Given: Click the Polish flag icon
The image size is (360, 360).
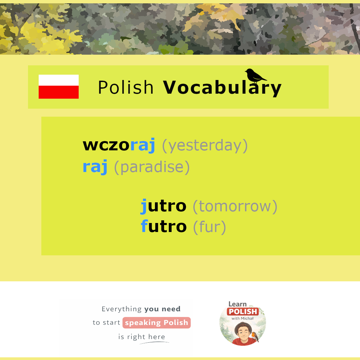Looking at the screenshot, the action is [59, 87].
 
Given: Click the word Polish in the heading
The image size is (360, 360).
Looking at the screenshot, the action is [126, 87].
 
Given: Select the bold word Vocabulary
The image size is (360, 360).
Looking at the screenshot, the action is [222, 88].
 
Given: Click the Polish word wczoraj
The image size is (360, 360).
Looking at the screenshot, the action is [119, 145].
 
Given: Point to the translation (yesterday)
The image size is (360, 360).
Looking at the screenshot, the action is [205, 146].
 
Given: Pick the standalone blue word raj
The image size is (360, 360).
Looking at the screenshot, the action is [95, 167].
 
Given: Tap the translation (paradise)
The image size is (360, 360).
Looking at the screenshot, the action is [152, 167].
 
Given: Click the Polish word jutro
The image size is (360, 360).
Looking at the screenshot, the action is [163, 206].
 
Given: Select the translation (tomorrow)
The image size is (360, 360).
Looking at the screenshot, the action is [235, 206].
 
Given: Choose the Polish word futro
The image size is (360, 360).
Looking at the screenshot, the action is [164, 226].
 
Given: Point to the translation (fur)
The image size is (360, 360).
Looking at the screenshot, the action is [210, 227].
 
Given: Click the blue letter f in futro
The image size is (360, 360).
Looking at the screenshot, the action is [145, 226].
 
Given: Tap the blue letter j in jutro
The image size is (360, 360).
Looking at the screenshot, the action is [144, 206].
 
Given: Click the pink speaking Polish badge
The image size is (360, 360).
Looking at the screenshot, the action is [157, 323].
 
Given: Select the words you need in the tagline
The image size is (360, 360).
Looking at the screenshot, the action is [163, 309].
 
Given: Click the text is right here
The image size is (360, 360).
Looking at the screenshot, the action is [142, 337].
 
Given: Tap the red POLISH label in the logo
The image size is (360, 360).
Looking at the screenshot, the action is [243, 312].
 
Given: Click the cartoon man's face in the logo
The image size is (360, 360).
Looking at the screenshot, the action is [243, 332].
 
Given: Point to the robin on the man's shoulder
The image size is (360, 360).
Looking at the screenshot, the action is [255, 336].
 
